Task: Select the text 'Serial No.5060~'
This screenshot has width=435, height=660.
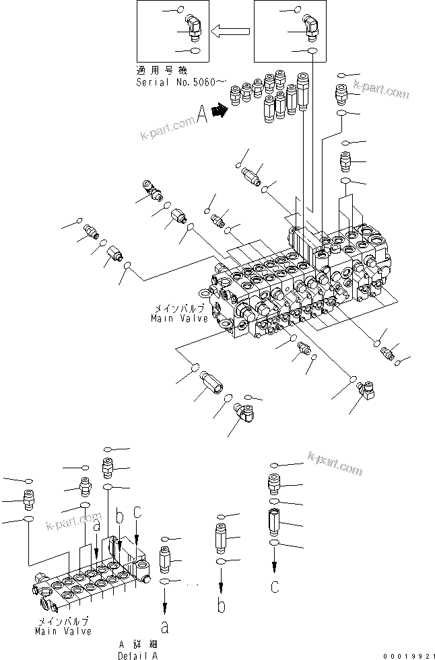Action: coord(178,81)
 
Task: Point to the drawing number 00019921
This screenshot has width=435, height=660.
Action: coord(409,655)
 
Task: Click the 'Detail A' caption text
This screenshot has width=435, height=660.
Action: coord(139,655)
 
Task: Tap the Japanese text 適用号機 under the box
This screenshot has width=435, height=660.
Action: coord(155,70)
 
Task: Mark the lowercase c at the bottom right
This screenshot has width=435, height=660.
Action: coord(274,586)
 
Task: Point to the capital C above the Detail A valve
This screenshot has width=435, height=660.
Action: coord(137,513)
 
